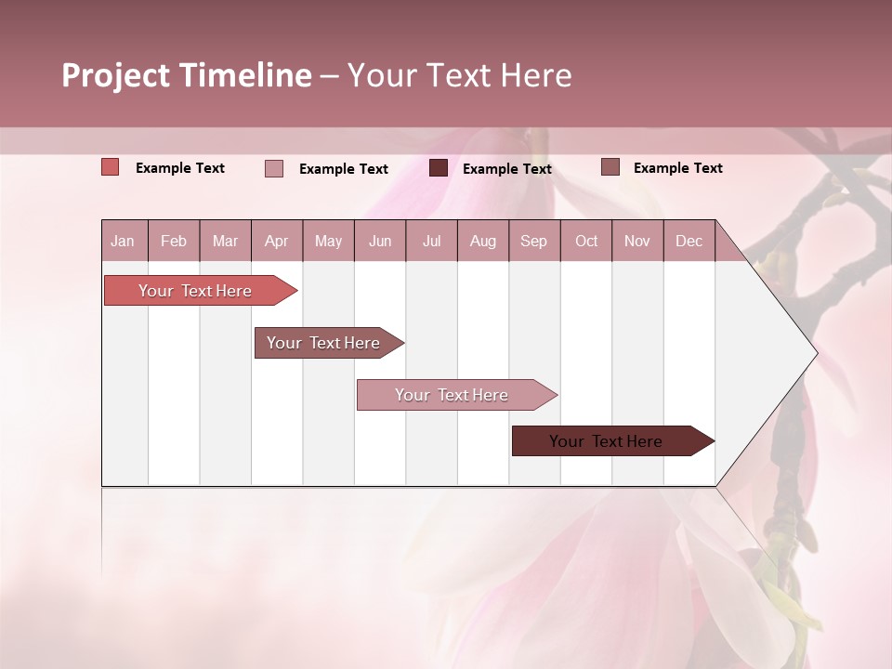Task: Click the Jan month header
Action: point(124,241)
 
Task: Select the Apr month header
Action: point(277,241)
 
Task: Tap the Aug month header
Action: point(483,241)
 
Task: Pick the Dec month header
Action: point(689,241)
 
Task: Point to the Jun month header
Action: point(380,241)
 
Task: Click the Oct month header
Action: point(586,241)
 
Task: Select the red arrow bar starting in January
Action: point(196,291)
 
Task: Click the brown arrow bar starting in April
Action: point(324,343)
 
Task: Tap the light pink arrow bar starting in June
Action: point(453,395)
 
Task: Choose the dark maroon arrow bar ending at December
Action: point(607,441)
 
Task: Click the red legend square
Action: point(111,167)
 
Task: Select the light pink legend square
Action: point(274,168)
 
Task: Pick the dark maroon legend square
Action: point(439,168)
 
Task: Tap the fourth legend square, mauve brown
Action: point(610,167)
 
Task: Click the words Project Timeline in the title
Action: point(186,75)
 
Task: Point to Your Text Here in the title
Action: point(460,75)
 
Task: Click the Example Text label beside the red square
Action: point(180,168)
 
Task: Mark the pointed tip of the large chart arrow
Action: point(815,353)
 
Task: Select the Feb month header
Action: point(174,241)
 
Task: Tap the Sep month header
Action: point(534,241)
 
